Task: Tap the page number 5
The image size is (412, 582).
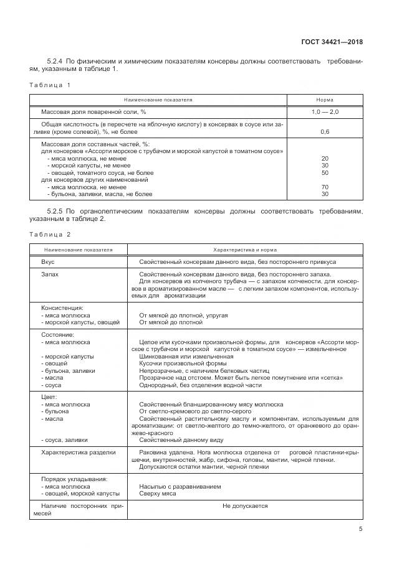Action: [x=360, y=529]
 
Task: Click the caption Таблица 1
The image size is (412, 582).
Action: [x=50, y=84]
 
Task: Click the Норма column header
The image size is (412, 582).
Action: [x=324, y=100]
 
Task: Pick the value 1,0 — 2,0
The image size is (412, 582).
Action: [x=324, y=111]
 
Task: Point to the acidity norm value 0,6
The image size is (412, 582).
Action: [x=324, y=132]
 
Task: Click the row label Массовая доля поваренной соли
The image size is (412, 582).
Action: [x=93, y=111]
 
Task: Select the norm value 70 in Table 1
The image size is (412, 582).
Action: [x=324, y=187]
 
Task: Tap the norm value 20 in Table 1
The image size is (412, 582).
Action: [x=324, y=159]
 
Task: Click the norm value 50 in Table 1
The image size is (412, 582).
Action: [x=324, y=172]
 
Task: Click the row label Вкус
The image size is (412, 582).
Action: [x=48, y=262]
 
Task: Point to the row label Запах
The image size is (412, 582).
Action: [x=50, y=274]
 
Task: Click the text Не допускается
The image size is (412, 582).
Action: [x=244, y=505]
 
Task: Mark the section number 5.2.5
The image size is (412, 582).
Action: [x=57, y=212]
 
